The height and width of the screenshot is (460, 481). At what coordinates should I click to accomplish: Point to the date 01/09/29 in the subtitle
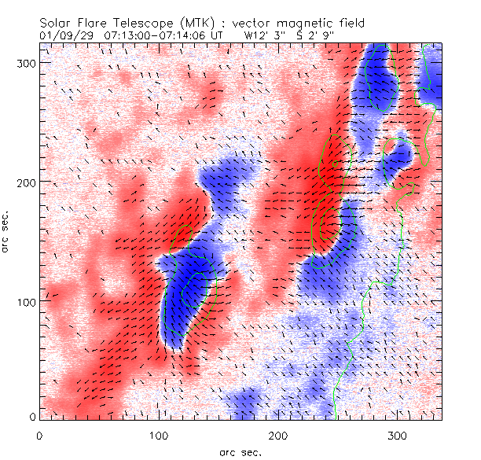(65, 35)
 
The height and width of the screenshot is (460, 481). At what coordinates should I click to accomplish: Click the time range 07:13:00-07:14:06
(163, 35)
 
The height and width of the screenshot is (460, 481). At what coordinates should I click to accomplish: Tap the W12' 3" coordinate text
(263, 35)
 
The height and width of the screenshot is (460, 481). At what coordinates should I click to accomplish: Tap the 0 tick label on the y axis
(31, 417)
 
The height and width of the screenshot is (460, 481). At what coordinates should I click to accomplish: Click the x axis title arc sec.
(239, 451)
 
